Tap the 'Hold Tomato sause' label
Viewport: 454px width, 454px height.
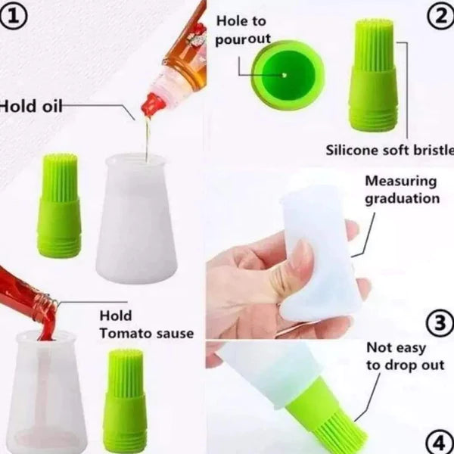146,324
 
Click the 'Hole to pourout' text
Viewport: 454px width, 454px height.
243,31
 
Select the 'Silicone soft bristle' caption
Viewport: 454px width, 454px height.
389,149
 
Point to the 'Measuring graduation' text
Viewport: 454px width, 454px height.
401,190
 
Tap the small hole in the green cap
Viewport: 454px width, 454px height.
285,75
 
